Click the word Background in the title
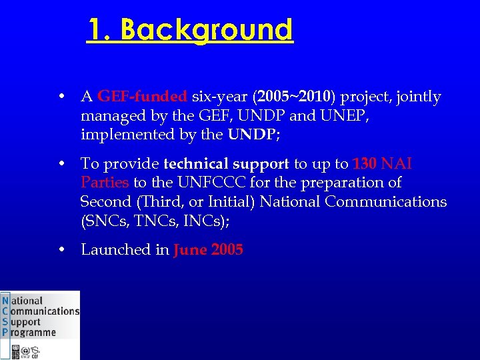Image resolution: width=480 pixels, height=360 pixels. tap(207, 30)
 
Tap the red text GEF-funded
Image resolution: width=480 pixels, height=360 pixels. tap(143, 97)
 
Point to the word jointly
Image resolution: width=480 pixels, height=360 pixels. tap(418, 97)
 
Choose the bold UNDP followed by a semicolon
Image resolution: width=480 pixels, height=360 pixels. tap(252, 135)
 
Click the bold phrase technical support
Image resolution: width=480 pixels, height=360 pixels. tap(226, 164)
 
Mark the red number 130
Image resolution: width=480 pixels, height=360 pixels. tap(365, 164)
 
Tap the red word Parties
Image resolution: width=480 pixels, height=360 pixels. tap(105, 183)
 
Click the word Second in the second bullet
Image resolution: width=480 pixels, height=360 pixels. tap(105, 201)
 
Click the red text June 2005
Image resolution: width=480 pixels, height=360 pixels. tap(208, 250)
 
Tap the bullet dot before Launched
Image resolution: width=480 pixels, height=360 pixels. tap(61, 250)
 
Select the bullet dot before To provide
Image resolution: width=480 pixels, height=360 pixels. tap(61, 164)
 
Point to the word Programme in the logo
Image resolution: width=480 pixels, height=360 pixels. tap(33, 332)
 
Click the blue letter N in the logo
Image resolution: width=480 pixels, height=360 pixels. tap(6, 301)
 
